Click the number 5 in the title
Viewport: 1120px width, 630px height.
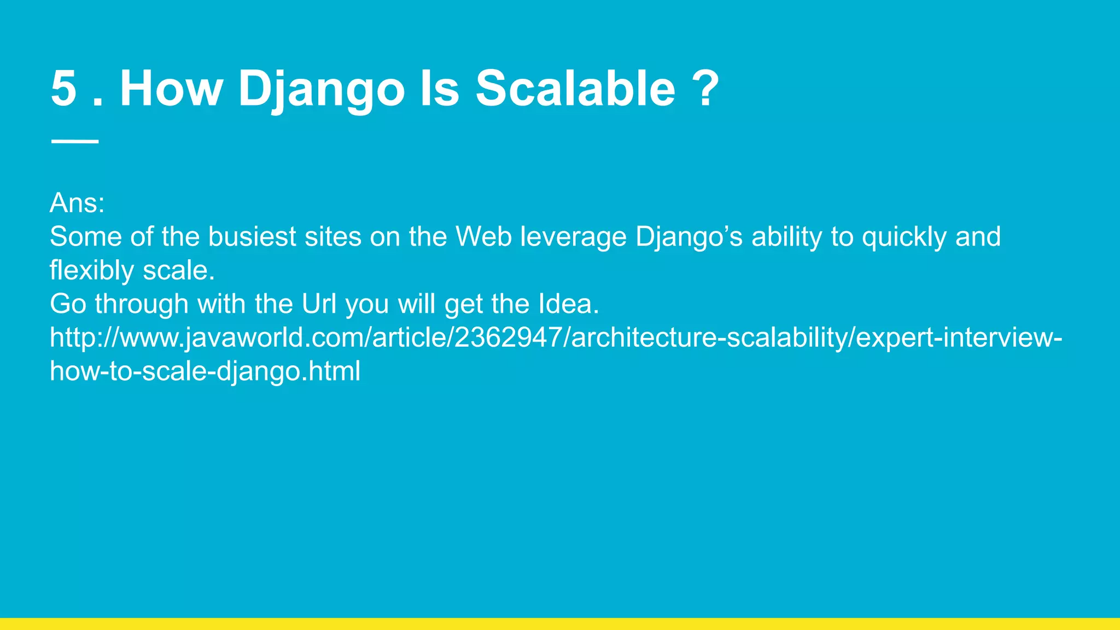click(x=63, y=89)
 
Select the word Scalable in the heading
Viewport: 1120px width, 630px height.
click(x=575, y=89)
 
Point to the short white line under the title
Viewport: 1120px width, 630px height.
click(x=75, y=142)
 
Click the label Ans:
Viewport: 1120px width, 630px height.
click(x=77, y=203)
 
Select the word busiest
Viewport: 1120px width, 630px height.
click(x=252, y=237)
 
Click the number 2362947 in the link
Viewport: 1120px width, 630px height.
click(x=512, y=337)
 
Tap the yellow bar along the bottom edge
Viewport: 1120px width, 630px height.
click(x=560, y=624)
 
